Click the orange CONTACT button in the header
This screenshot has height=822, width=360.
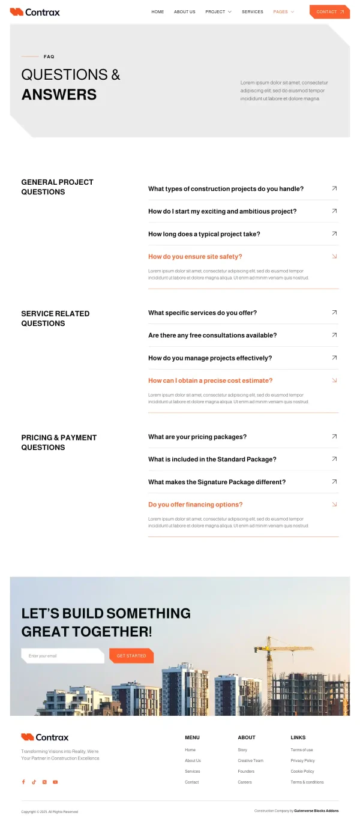(x=329, y=12)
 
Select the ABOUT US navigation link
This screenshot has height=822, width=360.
(x=184, y=12)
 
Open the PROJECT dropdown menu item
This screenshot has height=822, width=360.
(x=218, y=12)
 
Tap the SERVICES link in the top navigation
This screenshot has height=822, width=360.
(x=252, y=12)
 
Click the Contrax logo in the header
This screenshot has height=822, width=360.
(x=35, y=12)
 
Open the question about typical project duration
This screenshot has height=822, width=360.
(x=204, y=234)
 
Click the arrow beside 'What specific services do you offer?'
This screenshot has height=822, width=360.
(x=334, y=313)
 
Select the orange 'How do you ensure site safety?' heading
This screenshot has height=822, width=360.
(x=195, y=257)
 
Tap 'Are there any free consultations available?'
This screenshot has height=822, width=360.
(x=212, y=335)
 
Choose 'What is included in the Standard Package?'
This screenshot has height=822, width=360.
(x=212, y=460)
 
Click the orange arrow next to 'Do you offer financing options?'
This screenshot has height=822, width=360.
(x=334, y=505)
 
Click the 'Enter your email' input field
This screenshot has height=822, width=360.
(x=62, y=656)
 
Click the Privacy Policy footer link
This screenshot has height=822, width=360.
(x=302, y=761)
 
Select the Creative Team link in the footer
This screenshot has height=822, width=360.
(x=250, y=761)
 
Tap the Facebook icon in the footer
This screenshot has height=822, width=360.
(x=23, y=782)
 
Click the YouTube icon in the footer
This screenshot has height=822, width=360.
(x=55, y=782)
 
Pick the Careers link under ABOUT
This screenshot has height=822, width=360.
(x=245, y=782)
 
